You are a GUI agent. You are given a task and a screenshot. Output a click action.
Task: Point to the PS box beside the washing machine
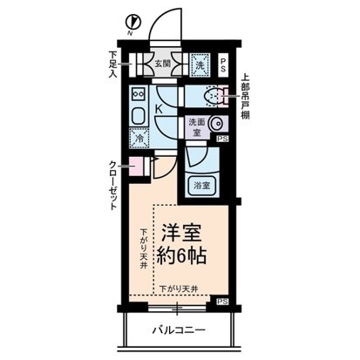[222, 64]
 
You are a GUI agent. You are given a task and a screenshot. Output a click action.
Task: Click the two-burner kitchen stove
[138, 94]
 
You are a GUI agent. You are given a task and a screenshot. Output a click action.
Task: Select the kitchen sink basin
[138, 115]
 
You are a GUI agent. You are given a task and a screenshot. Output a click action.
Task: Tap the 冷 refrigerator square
[138, 137]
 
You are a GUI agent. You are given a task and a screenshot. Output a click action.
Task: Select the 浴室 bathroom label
[201, 184]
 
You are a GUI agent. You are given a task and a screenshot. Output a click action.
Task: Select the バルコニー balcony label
[180, 332]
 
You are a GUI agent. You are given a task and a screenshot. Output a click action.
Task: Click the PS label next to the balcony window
[222, 301]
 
